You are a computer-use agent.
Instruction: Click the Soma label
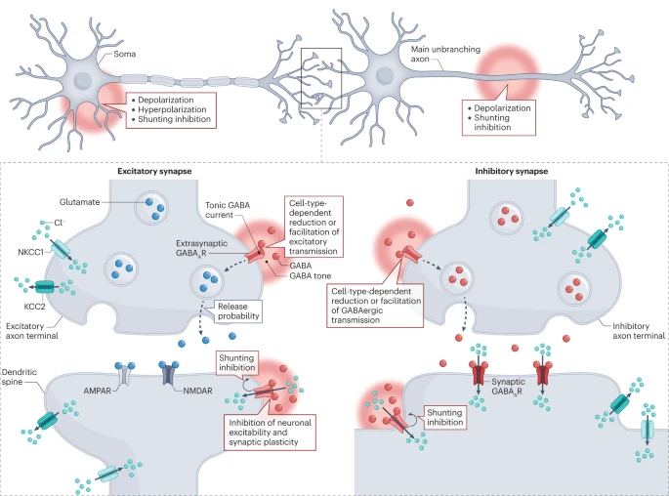tap(125, 54)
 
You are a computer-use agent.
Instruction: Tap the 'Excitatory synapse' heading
tap(154, 171)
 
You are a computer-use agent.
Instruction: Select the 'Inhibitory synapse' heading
tap(512, 171)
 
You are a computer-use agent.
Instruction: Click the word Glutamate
tap(79, 202)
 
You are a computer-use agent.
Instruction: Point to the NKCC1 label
tap(30, 252)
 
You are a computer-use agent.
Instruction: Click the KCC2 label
tap(34, 306)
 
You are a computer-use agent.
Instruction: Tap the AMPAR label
tap(98, 391)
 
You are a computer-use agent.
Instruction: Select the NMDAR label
tap(197, 391)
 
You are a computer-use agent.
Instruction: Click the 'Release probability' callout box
tap(238, 311)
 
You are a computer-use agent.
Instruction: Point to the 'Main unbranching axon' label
tap(445, 54)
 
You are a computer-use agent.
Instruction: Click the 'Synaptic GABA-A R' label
tap(508, 387)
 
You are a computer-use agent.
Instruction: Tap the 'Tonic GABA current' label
tap(228, 210)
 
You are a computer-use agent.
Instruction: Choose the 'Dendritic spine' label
tap(20, 377)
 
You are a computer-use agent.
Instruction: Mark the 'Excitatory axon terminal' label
tap(32, 331)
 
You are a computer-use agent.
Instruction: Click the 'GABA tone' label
tap(311, 276)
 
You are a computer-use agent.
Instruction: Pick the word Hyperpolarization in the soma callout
tap(172, 109)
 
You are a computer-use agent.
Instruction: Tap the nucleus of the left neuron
tap(82, 80)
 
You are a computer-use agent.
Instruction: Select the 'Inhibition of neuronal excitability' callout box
tap(271, 432)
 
